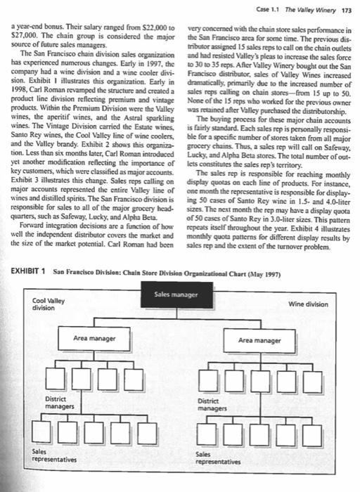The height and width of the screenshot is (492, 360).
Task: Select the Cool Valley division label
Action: click(x=49, y=303)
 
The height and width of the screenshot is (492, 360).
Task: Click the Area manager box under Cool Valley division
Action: click(x=94, y=339)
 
